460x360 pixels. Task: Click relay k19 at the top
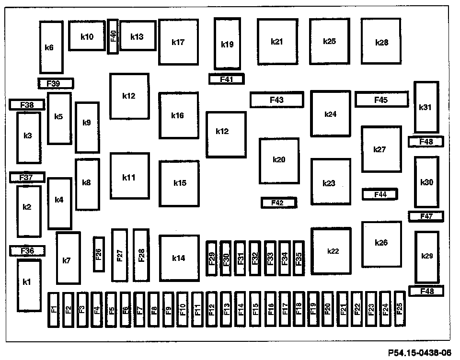click(x=227, y=44)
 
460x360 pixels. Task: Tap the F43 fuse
click(x=276, y=100)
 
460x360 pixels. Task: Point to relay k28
click(x=381, y=42)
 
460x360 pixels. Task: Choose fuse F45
click(x=381, y=100)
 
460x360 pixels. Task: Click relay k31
click(x=426, y=107)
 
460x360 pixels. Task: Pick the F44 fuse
click(x=380, y=194)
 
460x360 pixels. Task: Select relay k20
click(x=279, y=160)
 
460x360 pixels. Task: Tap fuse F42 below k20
click(x=278, y=202)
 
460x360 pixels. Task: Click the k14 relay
click(x=179, y=258)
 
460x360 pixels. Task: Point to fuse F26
click(x=99, y=254)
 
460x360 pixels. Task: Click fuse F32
click(x=255, y=259)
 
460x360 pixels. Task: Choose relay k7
click(x=67, y=259)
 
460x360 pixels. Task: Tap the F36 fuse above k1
click(x=27, y=250)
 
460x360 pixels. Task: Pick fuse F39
click(x=56, y=83)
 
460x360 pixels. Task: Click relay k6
click(x=51, y=47)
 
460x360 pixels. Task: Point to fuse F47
click(x=426, y=216)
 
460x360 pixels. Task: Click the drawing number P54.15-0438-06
click(x=420, y=353)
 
